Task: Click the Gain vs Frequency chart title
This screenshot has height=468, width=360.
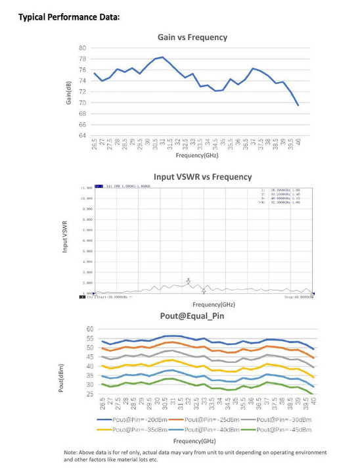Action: [192, 37]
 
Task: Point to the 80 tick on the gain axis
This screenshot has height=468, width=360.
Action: [82, 48]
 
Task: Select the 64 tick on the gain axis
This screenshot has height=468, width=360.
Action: [82, 135]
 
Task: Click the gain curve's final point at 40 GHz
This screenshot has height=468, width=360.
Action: [298, 105]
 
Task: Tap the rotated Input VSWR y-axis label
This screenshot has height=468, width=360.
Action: [66, 240]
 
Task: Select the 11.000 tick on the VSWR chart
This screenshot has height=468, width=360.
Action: [86, 188]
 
